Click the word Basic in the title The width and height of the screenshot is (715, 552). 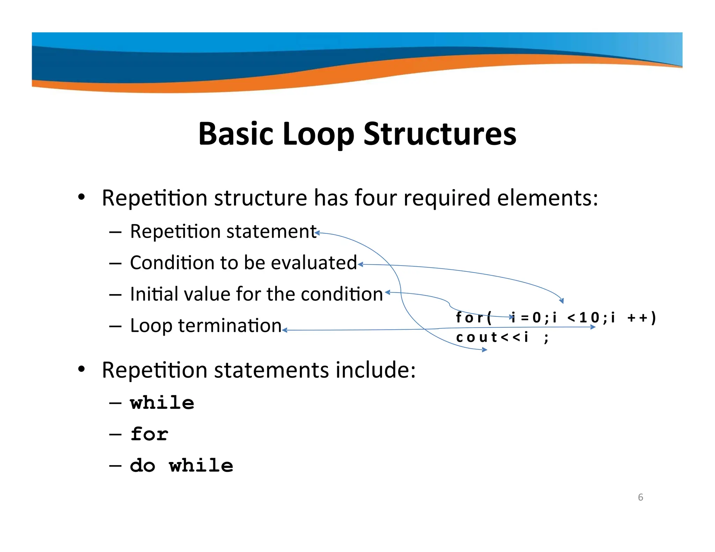click(236, 134)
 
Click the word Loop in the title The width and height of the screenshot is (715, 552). click(318, 135)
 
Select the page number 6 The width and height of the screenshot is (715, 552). click(640, 497)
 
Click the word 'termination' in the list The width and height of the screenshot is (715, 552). click(230, 326)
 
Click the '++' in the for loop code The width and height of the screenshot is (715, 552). click(637, 318)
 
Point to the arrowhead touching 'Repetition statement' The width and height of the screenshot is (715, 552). click(317, 233)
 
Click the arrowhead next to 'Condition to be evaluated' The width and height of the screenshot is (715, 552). click(361, 264)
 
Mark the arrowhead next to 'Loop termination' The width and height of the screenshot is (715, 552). click(285, 330)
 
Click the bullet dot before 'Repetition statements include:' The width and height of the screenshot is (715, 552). click(81, 369)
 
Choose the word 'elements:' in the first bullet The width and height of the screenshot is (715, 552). click(547, 198)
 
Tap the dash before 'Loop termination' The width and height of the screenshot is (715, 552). click(115, 326)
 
